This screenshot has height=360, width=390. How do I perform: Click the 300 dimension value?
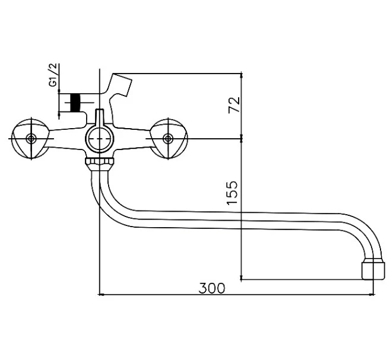(x=212, y=288)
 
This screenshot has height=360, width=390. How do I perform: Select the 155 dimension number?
(x=232, y=193)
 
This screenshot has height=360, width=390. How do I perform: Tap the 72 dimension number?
(x=234, y=105)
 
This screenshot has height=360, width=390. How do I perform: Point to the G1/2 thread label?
(x=53, y=75)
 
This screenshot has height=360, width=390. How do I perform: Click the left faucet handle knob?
(x=31, y=139)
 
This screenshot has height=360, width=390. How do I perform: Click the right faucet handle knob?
(x=169, y=139)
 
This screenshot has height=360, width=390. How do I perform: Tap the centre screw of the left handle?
(x=31, y=139)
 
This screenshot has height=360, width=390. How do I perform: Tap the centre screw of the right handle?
(x=168, y=139)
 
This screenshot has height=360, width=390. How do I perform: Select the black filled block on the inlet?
(x=75, y=103)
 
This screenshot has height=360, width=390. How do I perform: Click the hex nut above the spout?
(x=100, y=163)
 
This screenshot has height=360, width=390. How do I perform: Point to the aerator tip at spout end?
(x=373, y=269)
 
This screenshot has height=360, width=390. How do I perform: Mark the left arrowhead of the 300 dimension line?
(x=100, y=295)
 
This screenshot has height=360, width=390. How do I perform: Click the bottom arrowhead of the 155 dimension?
(x=241, y=278)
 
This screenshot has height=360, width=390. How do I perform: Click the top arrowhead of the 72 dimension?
(x=241, y=75)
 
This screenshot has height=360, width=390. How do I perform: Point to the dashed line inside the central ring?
(x=100, y=139)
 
